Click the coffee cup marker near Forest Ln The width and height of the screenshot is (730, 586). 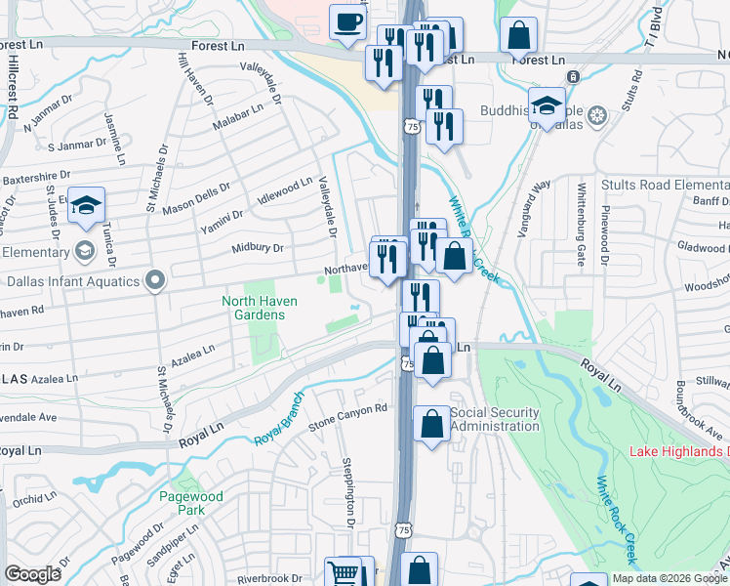click(x=346, y=22)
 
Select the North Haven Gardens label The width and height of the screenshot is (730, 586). click(x=254, y=308)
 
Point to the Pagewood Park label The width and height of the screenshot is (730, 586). click(x=191, y=503)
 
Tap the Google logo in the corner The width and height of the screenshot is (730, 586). click(x=32, y=574)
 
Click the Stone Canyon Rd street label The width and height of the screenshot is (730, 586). click(x=348, y=418)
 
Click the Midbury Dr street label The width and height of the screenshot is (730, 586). click(x=258, y=248)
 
